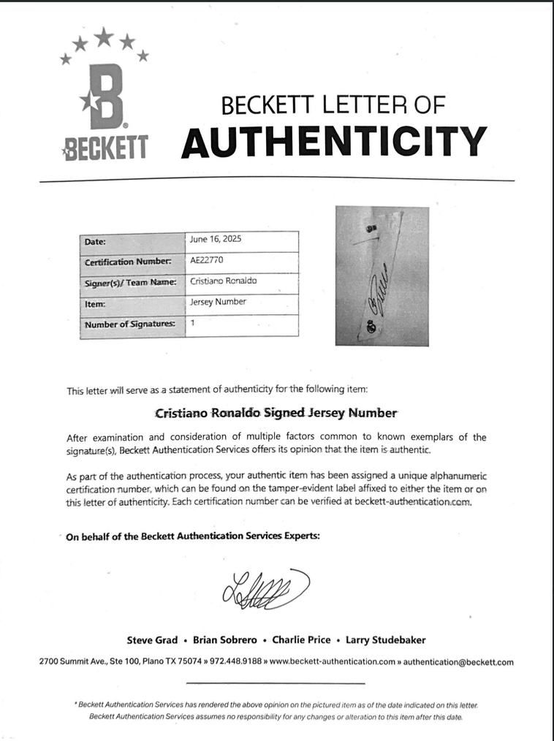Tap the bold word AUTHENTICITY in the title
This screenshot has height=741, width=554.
pos(333,141)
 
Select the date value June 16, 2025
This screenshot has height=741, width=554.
pos(216,239)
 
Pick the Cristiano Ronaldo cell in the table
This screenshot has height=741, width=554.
pos(223,281)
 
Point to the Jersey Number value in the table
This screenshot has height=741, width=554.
pos(218,301)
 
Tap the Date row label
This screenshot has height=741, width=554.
pos(95,241)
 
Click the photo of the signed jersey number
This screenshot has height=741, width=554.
pos(382,276)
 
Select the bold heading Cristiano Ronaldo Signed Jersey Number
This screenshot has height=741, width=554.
pos(276,413)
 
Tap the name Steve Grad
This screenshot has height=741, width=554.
pos(152,639)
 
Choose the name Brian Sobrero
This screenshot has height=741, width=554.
pos(225,639)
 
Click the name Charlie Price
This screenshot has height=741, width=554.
pos(301,639)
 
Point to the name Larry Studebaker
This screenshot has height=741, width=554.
pos(385,639)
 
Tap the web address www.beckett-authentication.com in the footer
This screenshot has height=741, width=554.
pos(333,662)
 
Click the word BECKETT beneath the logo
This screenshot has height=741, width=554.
pos(106,148)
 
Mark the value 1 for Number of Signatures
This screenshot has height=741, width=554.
pos(192,322)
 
